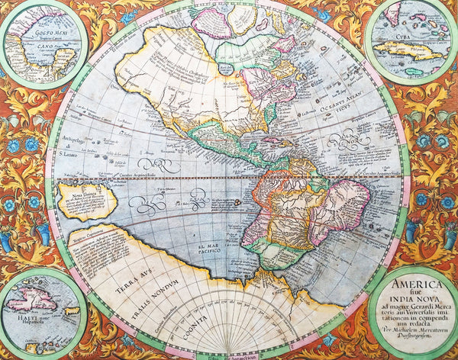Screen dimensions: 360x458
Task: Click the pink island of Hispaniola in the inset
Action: coord(34,300)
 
